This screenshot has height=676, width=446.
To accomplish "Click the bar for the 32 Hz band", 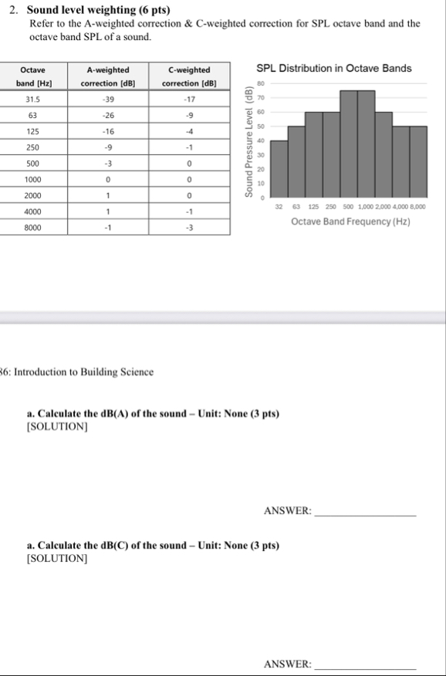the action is tap(279, 170).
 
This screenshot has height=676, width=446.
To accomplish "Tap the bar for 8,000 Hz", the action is tap(417, 163).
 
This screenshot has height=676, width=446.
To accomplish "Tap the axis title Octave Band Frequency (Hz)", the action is tap(350, 221).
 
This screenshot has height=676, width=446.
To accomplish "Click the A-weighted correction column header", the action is tap(108, 76).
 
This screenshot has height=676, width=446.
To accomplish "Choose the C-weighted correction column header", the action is tap(189, 76).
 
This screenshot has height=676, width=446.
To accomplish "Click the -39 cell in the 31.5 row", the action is tap(108, 100).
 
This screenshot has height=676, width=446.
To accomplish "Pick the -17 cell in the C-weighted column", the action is tap(189, 100).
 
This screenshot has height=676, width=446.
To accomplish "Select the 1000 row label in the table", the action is tap(33, 180).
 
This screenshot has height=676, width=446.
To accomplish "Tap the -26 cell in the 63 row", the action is tap(108, 116).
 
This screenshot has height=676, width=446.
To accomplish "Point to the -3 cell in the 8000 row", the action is tap(189, 228).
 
